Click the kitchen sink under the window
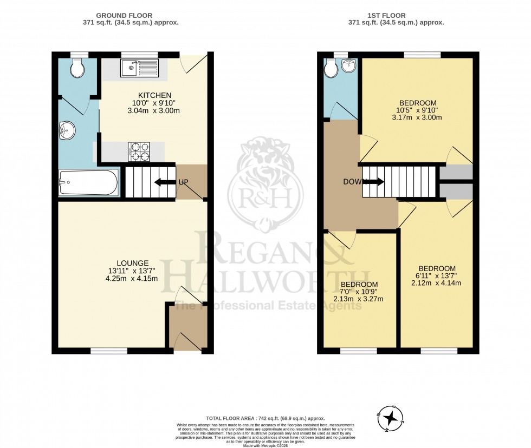pyautogui.click(x=139, y=68)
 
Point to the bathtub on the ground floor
pyautogui.click(x=88, y=183)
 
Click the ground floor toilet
pyautogui.click(x=76, y=68)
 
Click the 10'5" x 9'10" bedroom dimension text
pyautogui.click(x=417, y=110)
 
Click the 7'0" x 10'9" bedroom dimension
pyautogui.click(x=359, y=292)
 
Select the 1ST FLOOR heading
pyautogui.click(x=396, y=15)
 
